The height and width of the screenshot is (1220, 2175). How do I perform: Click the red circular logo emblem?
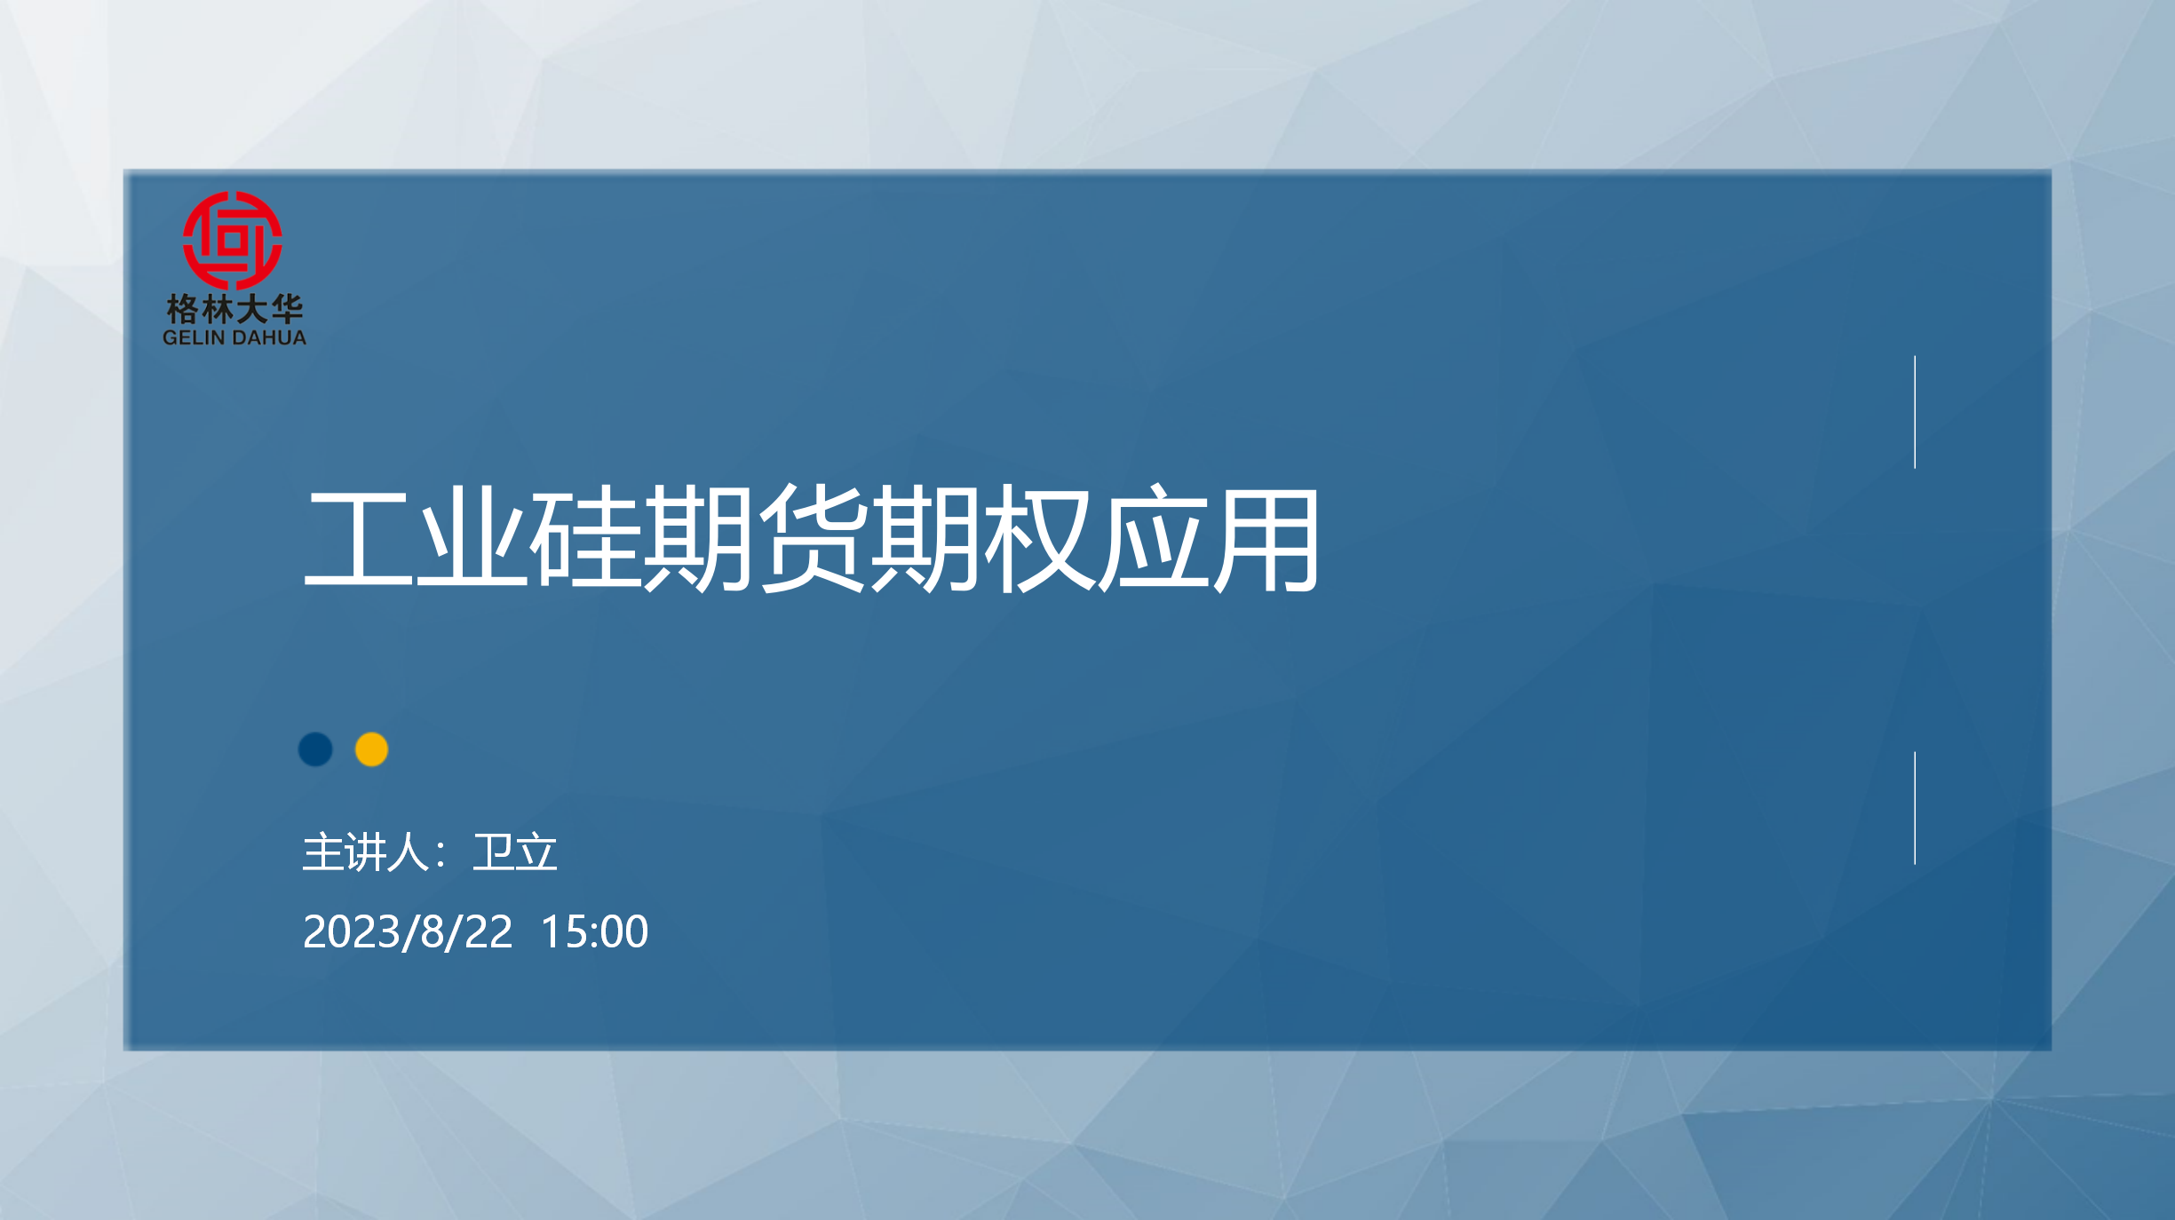tap(233, 240)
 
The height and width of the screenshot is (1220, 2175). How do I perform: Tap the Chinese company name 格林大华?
tap(234, 310)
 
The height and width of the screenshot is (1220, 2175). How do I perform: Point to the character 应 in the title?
tap(1153, 538)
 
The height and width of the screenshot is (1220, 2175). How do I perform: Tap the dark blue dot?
tap(315, 749)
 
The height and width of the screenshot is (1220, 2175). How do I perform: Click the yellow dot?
tap(371, 749)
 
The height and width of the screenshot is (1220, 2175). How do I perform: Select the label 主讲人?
tap(366, 852)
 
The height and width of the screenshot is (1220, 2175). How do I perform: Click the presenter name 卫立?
tap(515, 852)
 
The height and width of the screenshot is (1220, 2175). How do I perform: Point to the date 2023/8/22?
tap(408, 931)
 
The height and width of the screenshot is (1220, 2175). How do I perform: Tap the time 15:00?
tap(594, 931)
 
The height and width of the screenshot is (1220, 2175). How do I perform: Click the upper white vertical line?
tap(1915, 412)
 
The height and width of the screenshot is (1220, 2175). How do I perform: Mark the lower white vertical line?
tap(1915, 808)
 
